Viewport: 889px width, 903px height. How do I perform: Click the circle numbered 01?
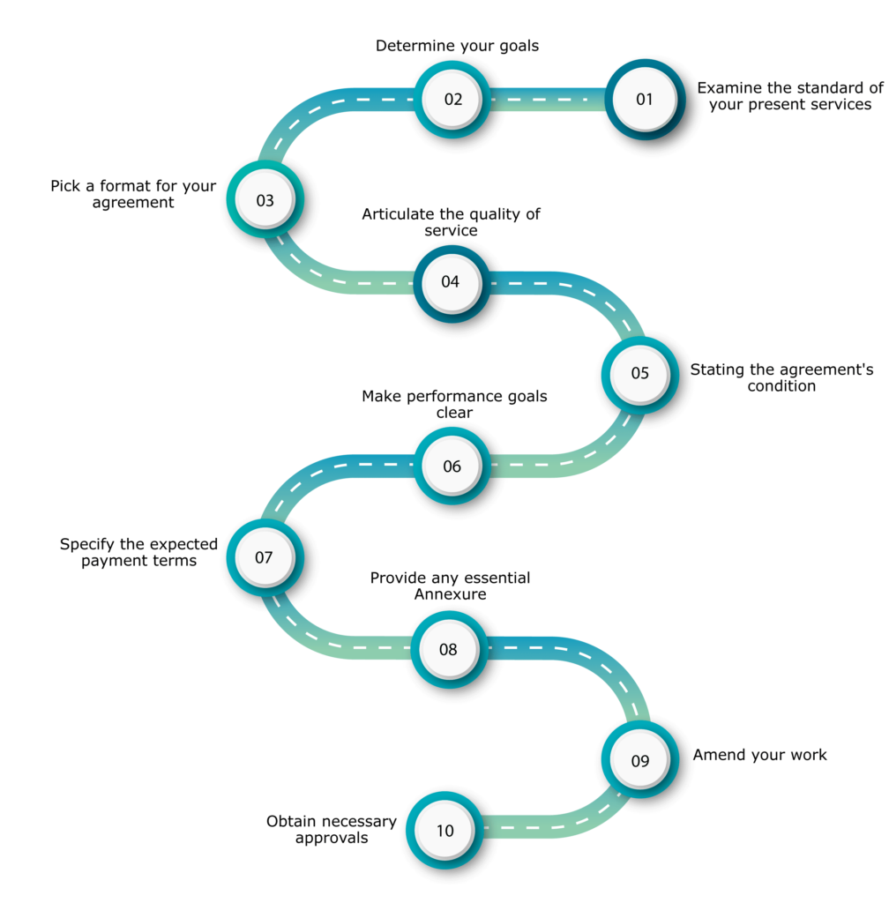(x=645, y=99)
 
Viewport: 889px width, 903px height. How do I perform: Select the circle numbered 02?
(x=452, y=99)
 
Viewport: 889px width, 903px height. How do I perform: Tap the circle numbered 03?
(x=265, y=199)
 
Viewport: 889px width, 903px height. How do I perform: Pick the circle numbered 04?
(x=451, y=282)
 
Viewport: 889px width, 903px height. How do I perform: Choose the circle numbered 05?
(x=639, y=374)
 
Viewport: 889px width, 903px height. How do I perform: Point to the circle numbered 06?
(x=452, y=466)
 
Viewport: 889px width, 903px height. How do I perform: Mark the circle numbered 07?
(x=265, y=557)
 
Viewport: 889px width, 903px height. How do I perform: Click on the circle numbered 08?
(x=448, y=650)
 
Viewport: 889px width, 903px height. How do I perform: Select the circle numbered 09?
(x=639, y=760)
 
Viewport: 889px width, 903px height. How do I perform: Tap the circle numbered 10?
(x=444, y=830)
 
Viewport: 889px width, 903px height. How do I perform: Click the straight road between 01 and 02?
(x=547, y=100)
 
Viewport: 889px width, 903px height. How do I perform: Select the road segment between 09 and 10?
(x=564, y=824)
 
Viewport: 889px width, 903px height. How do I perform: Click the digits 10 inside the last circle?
(x=444, y=831)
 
